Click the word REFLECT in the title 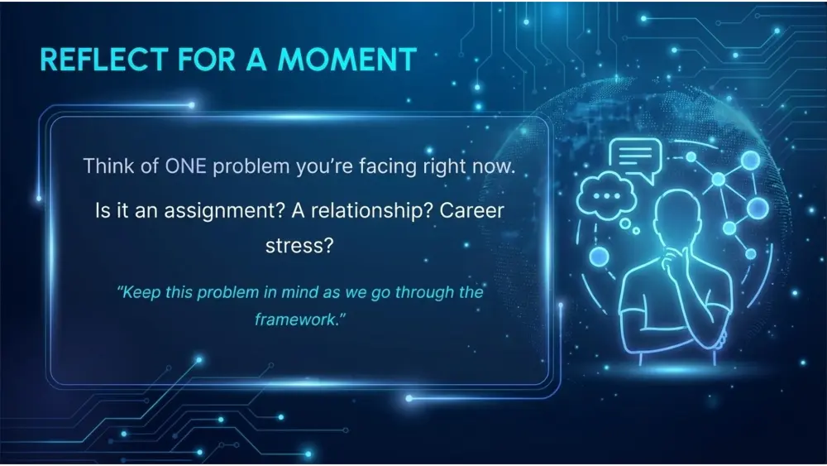pos(104,59)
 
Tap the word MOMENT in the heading pos(347,59)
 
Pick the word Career pos(471,210)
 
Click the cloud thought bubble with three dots pos(606,195)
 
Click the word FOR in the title pos(207,59)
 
